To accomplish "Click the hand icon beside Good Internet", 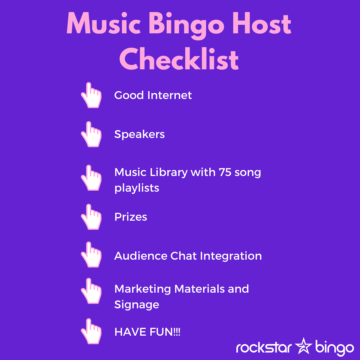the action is pyautogui.click(x=91, y=95).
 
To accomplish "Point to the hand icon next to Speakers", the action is pyautogui.click(x=91, y=134).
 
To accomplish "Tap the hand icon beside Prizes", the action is pyautogui.click(x=91, y=217).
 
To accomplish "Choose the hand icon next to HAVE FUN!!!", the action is pyautogui.click(x=91, y=331).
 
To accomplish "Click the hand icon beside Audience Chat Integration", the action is pyautogui.click(x=91, y=254).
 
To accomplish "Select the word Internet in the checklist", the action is pyautogui.click(x=169, y=95).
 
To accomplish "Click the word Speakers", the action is pyautogui.click(x=139, y=134).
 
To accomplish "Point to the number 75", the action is pyautogui.click(x=225, y=172).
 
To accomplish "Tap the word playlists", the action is pyautogui.click(x=137, y=188).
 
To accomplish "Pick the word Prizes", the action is pyautogui.click(x=131, y=217).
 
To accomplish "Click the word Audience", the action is pyautogui.click(x=141, y=256).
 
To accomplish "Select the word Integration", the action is pyautogui.click(x=231, y=256).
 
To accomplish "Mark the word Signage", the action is pyautogui.click(x=137, y=305).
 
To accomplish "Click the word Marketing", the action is pyautogui.click(x=143, y=289).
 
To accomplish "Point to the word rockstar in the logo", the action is pyautogui.click(x=264, y=347).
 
